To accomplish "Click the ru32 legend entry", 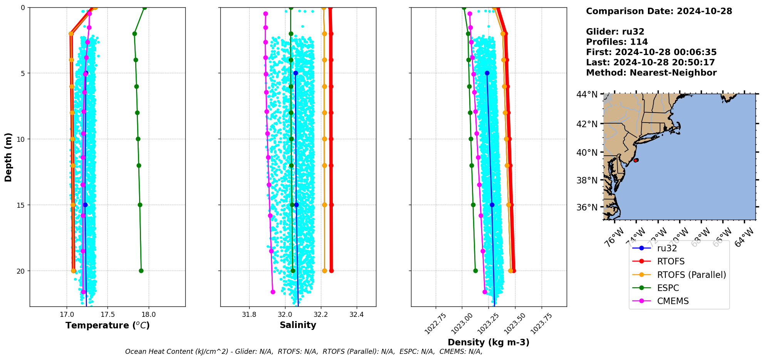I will [667, 248].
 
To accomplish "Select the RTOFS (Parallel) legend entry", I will [692, 275].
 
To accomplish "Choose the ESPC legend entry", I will [668, 288].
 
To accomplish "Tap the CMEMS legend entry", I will [673, 301].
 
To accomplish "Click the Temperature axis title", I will [107, 325].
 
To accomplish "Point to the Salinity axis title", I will [298, 325].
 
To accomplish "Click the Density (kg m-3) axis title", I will [488, 342].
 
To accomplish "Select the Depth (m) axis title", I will [8, 157].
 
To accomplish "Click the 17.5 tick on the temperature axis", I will [107, 315].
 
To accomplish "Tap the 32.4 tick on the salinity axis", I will [356, 315].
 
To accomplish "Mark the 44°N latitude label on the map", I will [587, 94].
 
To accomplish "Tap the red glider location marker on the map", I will [636, 160].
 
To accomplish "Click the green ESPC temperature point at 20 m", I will [141, 271].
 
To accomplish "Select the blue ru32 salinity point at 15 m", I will [296, 205].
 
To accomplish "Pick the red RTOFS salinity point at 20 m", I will [331, 271].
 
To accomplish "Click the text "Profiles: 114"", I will [617, 42].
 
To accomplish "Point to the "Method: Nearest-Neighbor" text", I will [651, 73].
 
